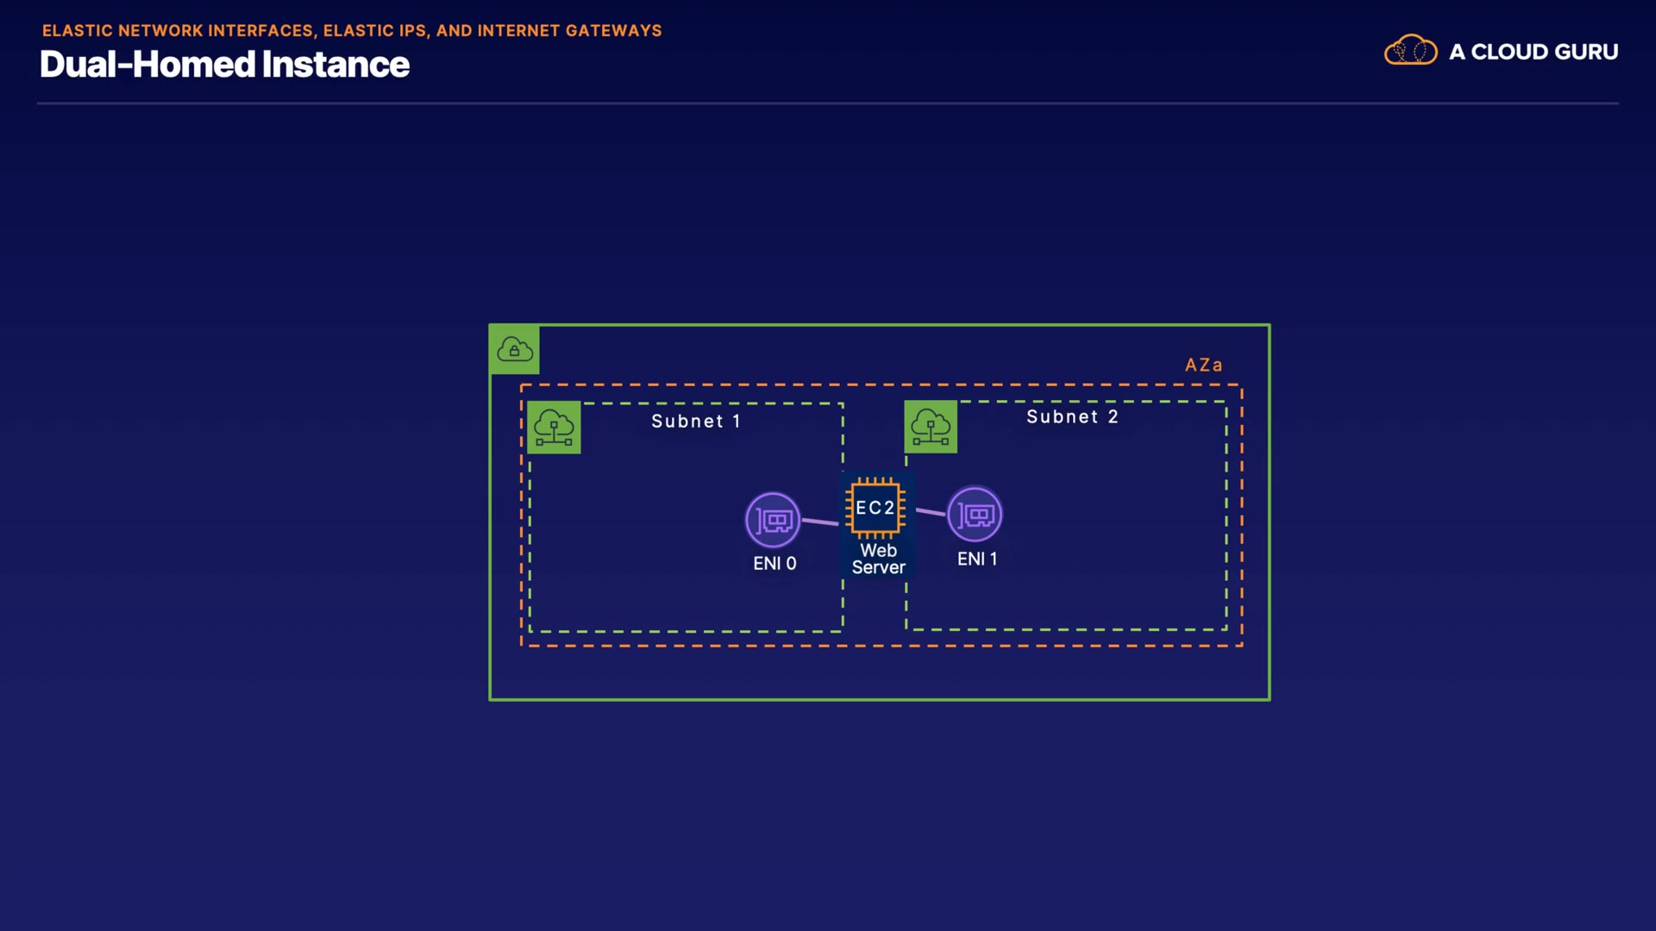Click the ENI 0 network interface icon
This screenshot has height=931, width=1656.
point(773,520)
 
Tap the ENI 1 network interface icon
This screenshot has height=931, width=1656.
point(975,515)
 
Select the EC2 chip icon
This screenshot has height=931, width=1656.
point(875,508)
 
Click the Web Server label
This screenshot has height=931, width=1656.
point(878,559)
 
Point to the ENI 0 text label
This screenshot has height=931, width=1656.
point(775,564)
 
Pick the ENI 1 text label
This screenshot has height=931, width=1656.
point(977,559)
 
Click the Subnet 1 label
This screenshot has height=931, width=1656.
point(696,422)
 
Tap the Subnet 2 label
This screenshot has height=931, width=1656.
point(1072,417)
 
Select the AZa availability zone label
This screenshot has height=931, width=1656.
point(1203,366)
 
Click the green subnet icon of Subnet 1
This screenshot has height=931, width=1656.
point(554,428)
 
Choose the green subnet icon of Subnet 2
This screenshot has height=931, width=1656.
point(931,427)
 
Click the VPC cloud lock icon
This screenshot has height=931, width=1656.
point(515,349)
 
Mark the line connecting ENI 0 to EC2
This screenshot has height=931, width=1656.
point(820,522)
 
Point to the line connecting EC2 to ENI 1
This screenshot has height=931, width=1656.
point(931,512)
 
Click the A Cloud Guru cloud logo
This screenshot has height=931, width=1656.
point(1410,50)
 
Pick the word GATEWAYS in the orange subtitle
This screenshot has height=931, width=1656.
point(613,31)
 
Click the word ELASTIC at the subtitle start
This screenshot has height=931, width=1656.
point(78,31)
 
